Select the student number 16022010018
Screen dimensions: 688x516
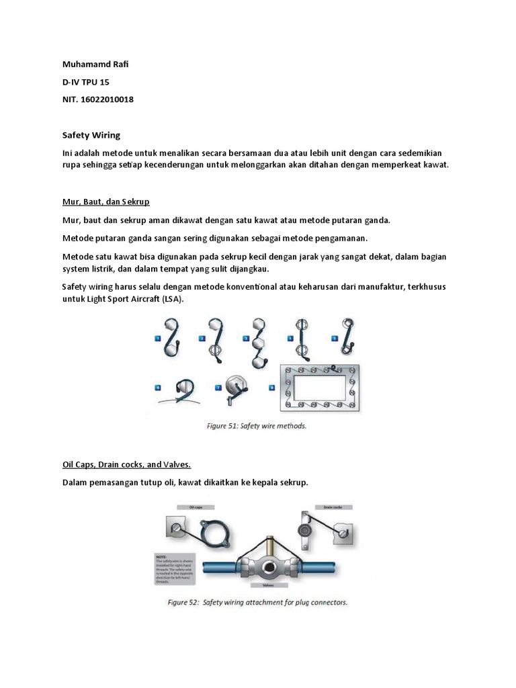click(x=106, y=100)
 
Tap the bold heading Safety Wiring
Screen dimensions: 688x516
click(x=91, y=135)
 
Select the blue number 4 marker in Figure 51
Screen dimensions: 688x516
click(x=290, y=339)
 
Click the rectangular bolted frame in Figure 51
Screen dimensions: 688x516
click(x=318, y=388)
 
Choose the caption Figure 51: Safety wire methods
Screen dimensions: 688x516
click(x=256, y=425)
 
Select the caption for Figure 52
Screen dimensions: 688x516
click(x=257, y=602)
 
